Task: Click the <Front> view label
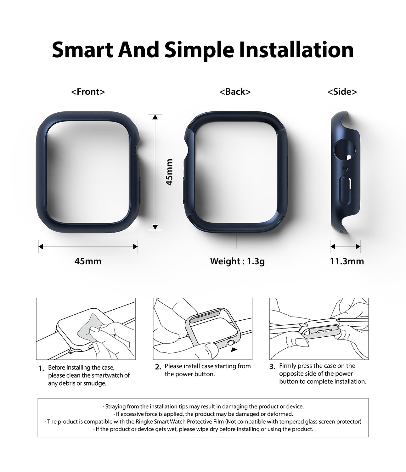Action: [x=88, y=92]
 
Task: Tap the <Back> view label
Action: [x=235, y=92]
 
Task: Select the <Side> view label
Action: [x=342, y=92]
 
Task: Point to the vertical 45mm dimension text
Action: [x=169, y=172]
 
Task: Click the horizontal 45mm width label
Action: [x=88, y=261]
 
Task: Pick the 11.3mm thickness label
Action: [x=347, y=261]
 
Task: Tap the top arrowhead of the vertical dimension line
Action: [x=155, y=117]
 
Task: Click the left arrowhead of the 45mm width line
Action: [x=41, y=247]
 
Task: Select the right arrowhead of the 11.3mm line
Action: [x=358, y=247]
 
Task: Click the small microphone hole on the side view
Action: [x=345, y=169]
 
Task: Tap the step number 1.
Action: [x=41, y=368]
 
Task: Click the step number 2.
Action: [x=158, y=367]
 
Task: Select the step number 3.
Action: [x=272, y=367]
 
